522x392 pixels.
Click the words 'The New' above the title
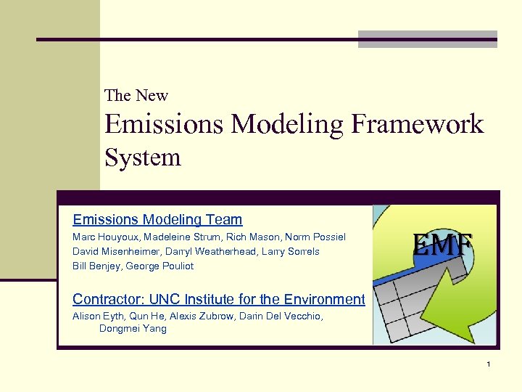pos(136,96)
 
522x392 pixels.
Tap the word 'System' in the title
pos(143,157)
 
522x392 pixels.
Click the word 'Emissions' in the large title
pos(165,124)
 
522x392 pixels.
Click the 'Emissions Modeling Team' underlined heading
pos(157,219)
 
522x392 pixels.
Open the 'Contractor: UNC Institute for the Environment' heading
pos(218,299)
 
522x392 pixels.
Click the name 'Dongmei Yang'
pos(133,329)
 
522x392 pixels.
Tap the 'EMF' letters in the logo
pos(442,244)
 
